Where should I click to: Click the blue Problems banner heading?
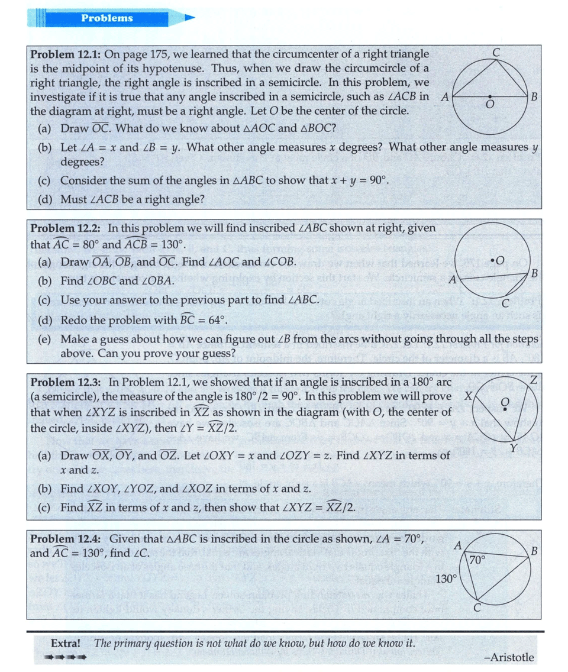[107, 18]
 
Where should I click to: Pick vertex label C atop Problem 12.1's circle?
[496, 52]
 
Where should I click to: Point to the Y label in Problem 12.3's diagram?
[515, 447]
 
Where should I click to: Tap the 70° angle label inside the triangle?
[477, 559]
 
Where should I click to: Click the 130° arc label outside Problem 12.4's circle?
[446, 579]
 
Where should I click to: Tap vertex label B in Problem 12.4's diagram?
[534, 551]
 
